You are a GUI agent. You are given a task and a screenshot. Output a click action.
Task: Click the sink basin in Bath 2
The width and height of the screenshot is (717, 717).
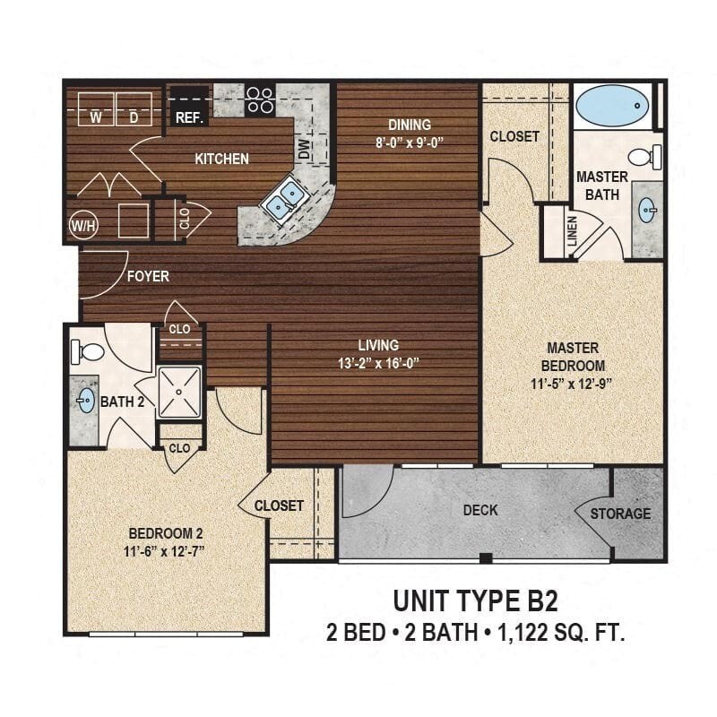tap(86, 400)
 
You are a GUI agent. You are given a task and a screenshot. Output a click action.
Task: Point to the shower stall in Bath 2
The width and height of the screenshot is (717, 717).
tap(181, 391)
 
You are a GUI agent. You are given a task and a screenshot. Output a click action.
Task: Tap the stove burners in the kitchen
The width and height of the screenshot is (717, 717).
tap(259, 99)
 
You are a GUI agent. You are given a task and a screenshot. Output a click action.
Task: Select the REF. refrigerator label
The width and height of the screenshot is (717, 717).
tap(189, 117)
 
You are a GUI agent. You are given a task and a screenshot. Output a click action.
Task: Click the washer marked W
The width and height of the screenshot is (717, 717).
tap(95, 117)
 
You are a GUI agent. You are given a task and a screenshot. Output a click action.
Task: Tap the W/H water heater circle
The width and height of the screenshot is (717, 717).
tap(83, 225)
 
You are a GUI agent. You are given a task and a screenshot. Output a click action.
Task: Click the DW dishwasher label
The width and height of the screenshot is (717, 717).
tap(304, 152)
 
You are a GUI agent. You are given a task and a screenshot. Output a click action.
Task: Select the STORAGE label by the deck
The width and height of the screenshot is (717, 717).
tap(620, 514)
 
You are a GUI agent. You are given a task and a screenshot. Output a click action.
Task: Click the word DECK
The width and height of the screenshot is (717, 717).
tap(480, 510)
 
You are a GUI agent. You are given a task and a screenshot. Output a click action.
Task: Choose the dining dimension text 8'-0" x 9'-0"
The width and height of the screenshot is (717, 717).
tap(409, 142)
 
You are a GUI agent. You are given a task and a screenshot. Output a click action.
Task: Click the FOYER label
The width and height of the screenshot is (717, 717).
tap(148, 276)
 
